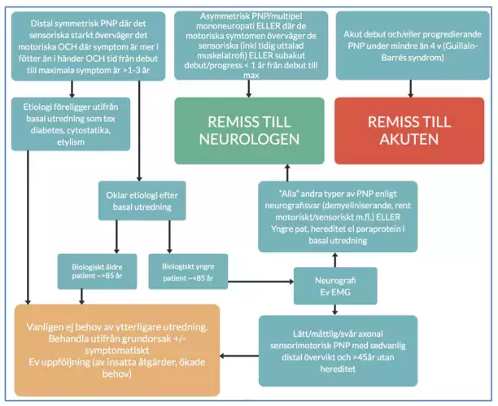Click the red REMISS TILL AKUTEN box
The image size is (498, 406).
click(x=408, y=131)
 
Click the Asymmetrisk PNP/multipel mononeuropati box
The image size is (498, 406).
click(x=247, y=46)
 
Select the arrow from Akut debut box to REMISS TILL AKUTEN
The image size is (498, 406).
click(x=408, y=89)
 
